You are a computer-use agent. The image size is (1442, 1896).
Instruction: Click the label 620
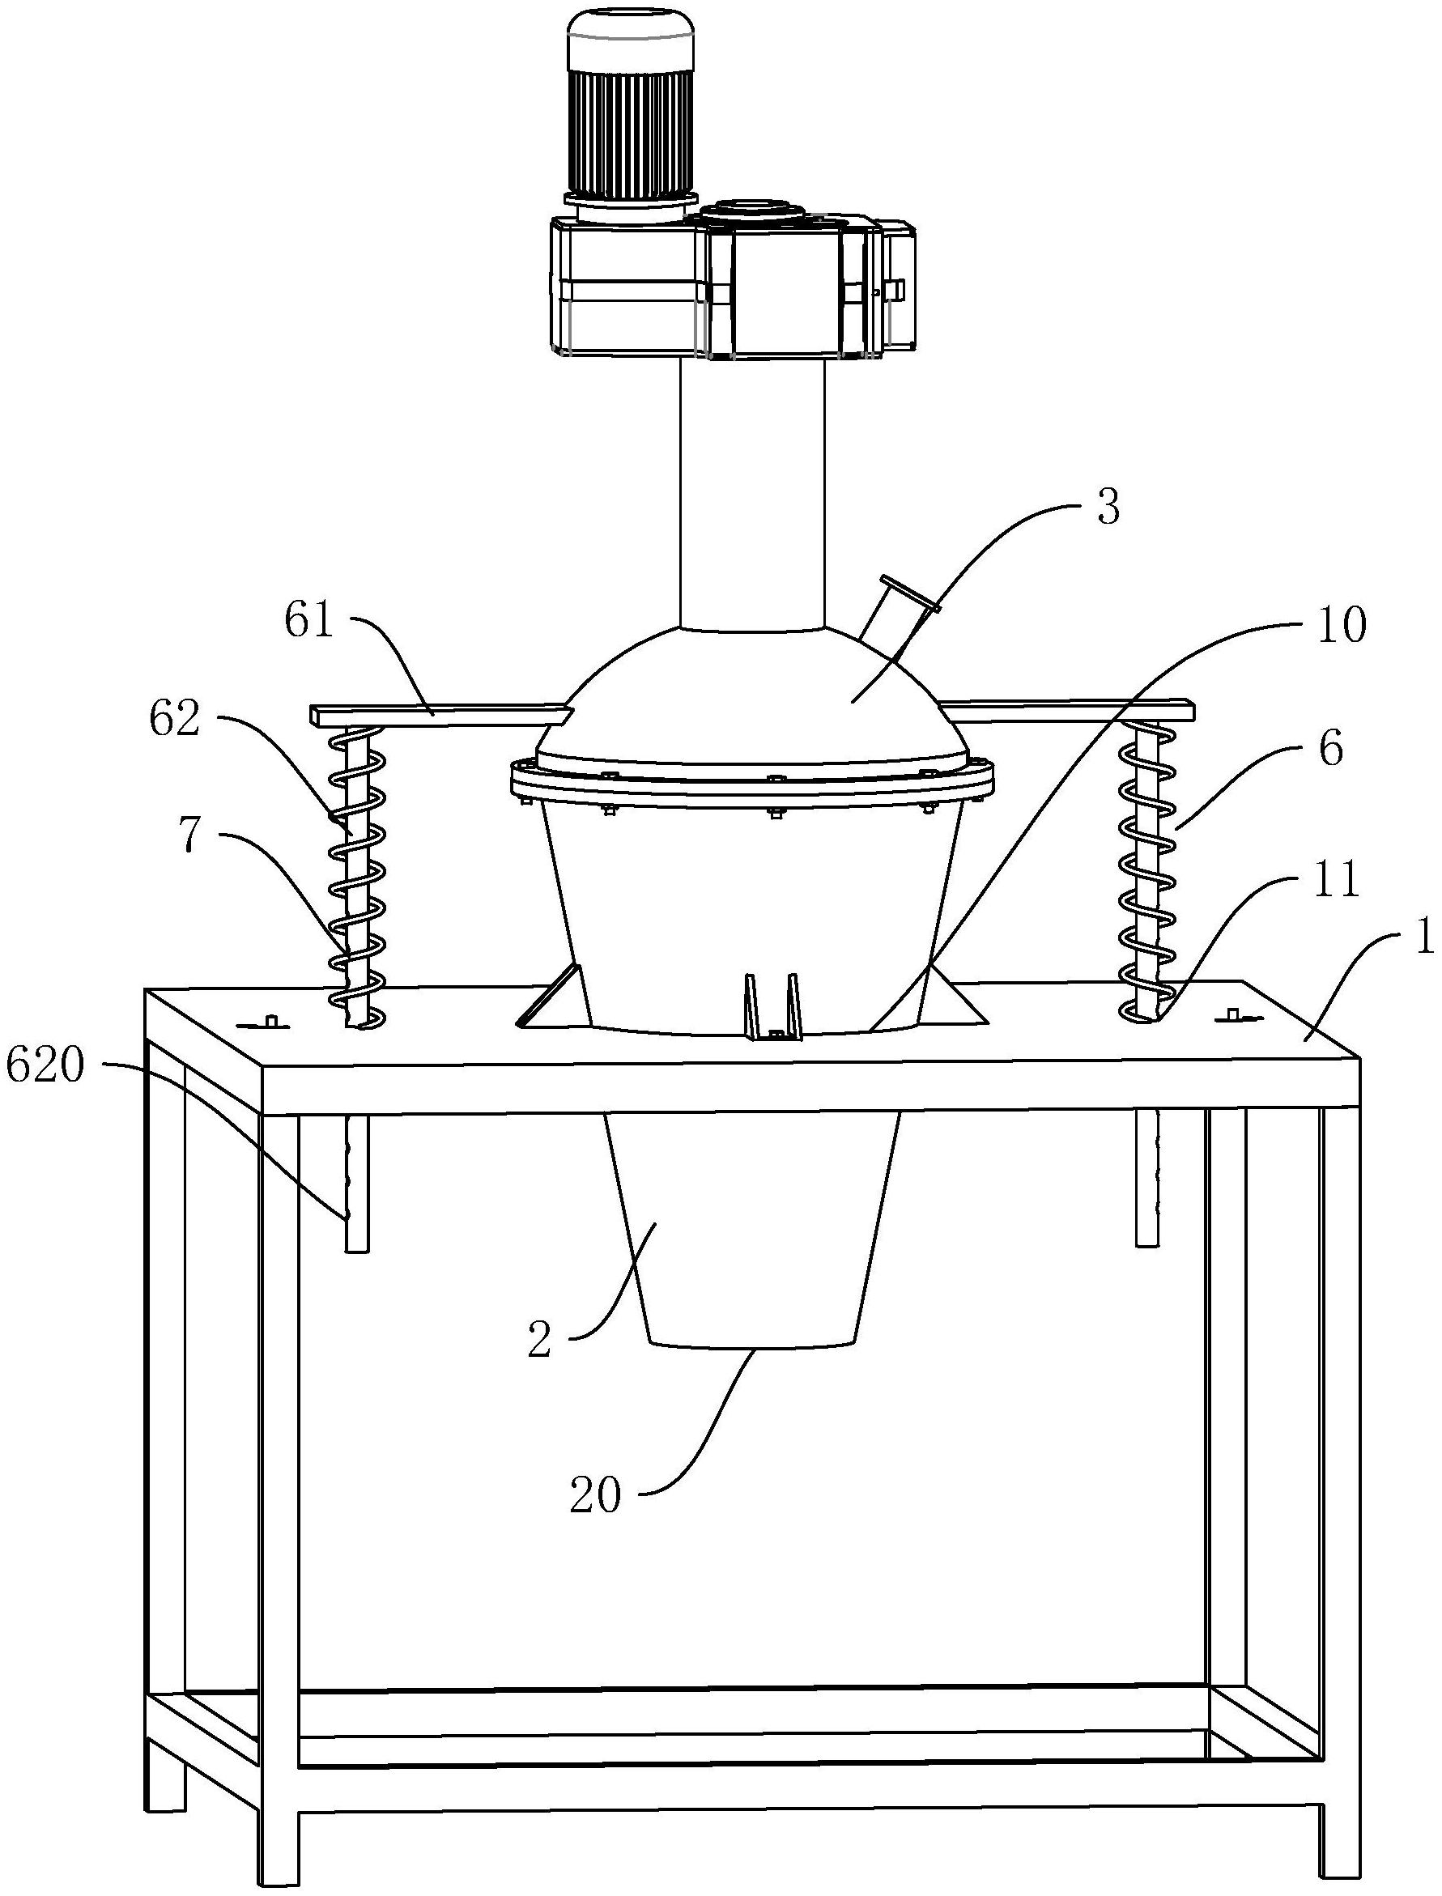pyautogui.click(x=45, y=1068)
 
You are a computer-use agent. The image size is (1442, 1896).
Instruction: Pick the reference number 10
pyautogui.click(x=1342, y=628)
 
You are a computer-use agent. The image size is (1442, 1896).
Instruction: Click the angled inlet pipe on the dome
pyautogui.click(x=898, y=612)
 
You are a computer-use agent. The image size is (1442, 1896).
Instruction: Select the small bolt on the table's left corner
pyautogui.click(x=270, y=1022)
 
